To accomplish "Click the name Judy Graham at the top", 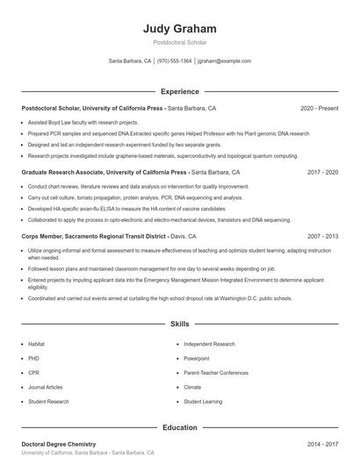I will click(179, 28).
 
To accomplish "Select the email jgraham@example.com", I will click(224, 61).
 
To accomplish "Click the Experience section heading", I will click(179, 91).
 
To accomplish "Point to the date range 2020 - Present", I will click(319, 109).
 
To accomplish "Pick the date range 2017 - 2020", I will click(322, 173).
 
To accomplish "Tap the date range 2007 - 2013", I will click(322, 237).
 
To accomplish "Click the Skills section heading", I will click(179, 324).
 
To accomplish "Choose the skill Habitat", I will click(36, 345).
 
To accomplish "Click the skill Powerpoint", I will click(197, 359).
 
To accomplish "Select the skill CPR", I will click(33, 373).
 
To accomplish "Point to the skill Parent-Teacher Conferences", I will click(216, 373).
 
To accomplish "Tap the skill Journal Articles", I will click(45, 387).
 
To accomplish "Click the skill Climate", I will click(192, 387).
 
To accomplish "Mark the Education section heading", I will click(179, 427).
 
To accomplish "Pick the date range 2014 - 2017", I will click(322, 445).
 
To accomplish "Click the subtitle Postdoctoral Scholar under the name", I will click(179, 41).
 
